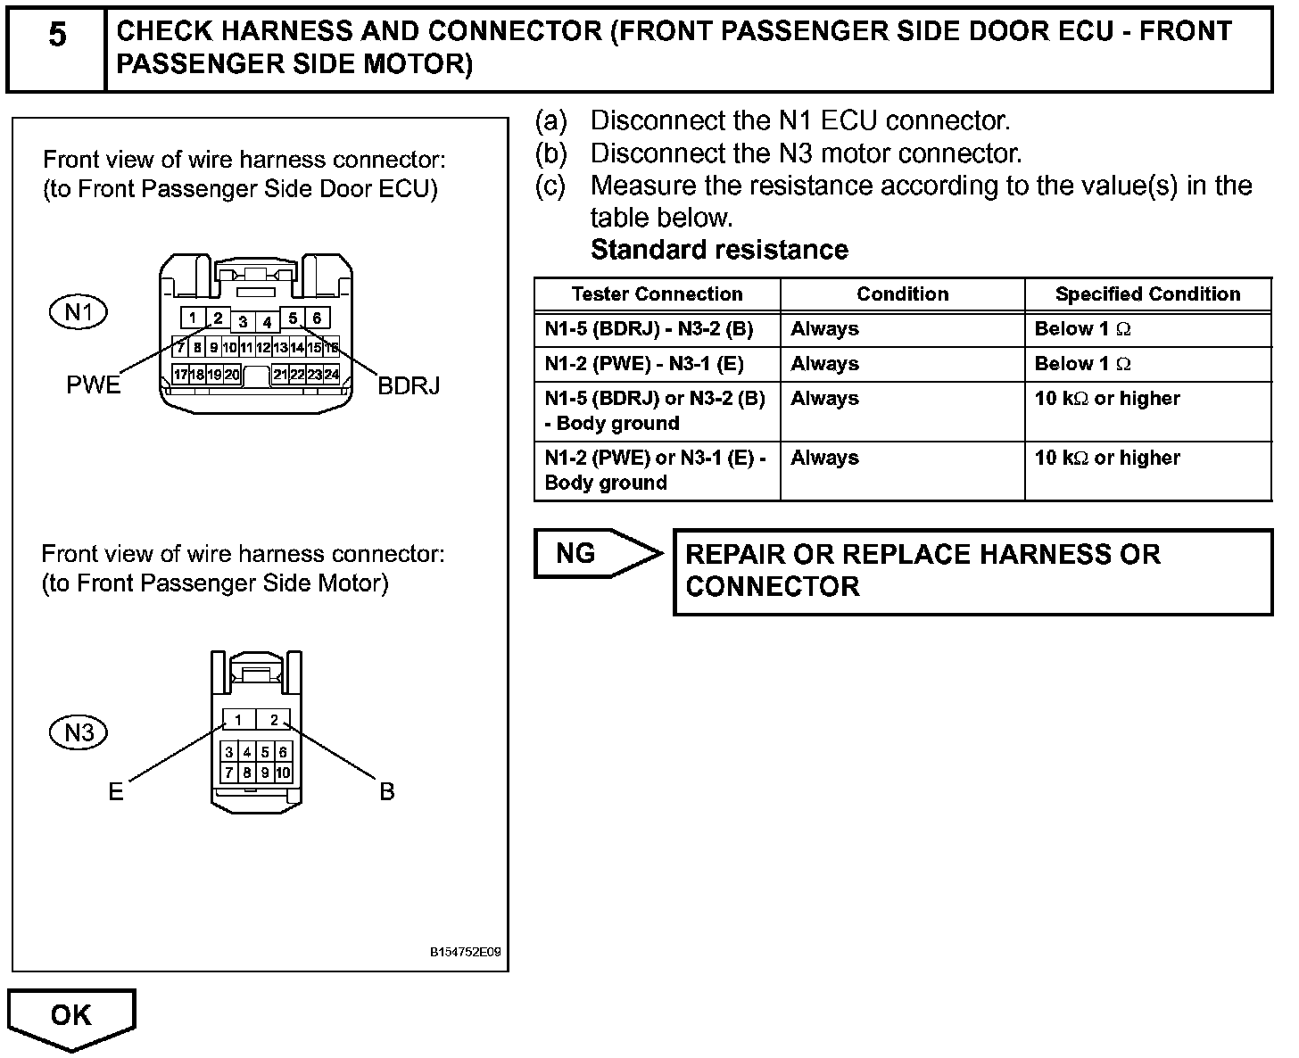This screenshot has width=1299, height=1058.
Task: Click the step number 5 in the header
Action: pos(57,36)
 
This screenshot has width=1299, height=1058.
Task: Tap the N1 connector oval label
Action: pos(79,312)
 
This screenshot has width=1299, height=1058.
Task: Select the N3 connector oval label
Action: pos(79,733)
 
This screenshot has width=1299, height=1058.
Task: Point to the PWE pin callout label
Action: pos(93,385)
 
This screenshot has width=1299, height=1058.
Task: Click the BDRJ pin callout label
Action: pos(409,385)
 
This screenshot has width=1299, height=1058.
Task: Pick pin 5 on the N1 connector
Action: pos(293,318)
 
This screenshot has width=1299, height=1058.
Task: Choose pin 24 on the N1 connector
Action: pos(331,375)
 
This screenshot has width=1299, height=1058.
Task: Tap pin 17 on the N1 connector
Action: pos(181,375)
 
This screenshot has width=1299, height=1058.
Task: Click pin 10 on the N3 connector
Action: pos(283,773)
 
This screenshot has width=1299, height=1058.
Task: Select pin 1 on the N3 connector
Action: pos(238,720)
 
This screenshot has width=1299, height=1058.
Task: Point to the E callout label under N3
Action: pos(116,792)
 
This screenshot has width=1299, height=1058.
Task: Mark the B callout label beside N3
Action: pos(387,792)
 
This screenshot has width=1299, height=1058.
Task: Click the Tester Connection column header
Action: pos(657,294)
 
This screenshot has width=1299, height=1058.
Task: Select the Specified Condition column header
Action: pos(1147,294)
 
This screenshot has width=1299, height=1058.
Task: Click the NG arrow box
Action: pos(589,554)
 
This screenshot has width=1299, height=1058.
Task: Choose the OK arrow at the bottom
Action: pos(71,1016)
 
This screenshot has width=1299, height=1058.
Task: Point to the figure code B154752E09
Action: pos(465,952)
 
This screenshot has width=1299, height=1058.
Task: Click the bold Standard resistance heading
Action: pos(719,250)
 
